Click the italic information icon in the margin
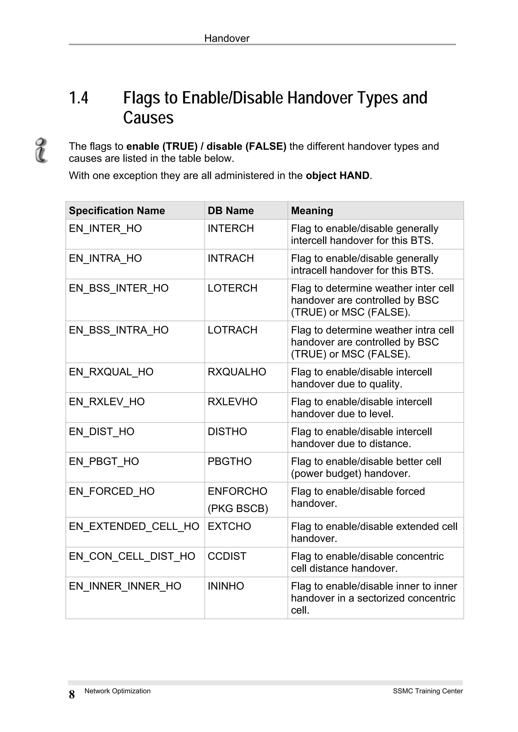pos(41,151)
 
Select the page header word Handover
pos(227,39)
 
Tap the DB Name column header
pos(230,211)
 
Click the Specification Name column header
pos(117,211)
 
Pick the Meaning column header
pos(312,211)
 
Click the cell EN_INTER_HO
pos(105,229)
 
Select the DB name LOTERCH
pos(232,288)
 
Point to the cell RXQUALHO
pos(236,372)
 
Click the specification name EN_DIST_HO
pos(101,432)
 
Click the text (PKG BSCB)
pos(238,508)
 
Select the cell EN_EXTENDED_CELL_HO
pos(134,526)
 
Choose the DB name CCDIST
pos(227,556)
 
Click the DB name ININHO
pos(226,586)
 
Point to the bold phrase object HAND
pos(337,176)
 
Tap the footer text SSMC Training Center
pos(427,691)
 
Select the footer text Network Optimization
pos(117,691)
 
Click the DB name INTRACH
pos(230,258)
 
